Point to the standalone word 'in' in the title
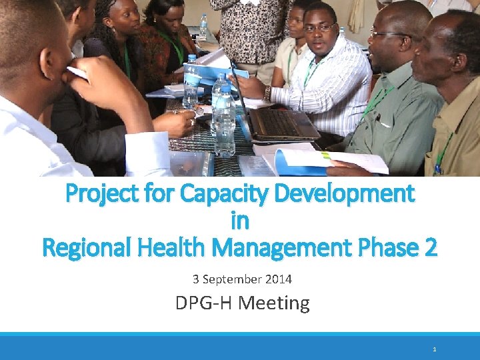tap(240, 221)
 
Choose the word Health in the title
tap(178, 248)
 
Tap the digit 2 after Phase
tap(430, 248)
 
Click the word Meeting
tap(274, 303)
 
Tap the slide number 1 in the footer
tap(435, 349)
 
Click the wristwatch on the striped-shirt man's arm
tap(267, 93)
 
